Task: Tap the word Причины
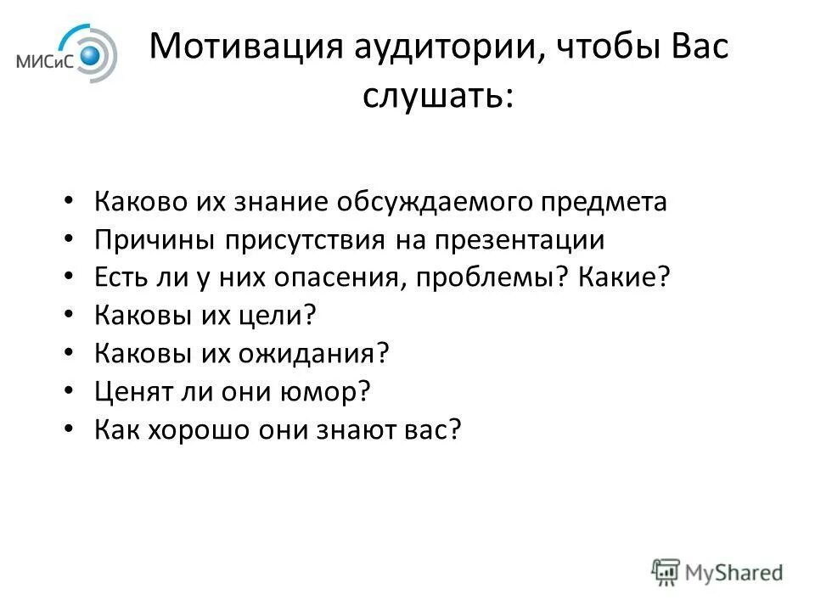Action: [x=155, y=240]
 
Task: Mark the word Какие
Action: [x=620, y=277]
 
